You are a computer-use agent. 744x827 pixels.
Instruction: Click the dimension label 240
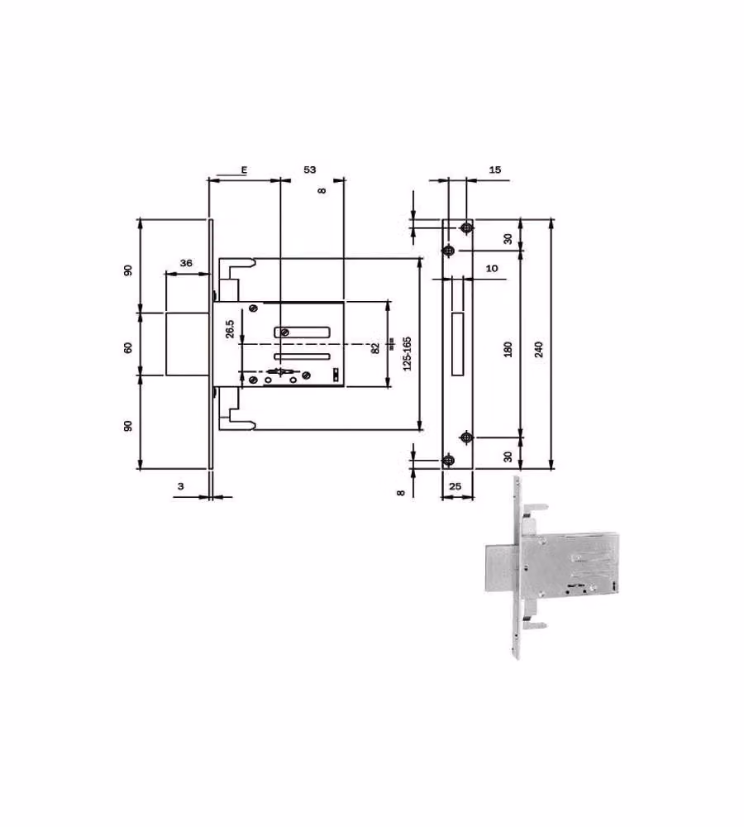538,349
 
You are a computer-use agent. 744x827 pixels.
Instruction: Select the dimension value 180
508,349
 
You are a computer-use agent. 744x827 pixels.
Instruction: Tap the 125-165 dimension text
407,353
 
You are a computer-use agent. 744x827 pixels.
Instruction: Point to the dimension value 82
375,348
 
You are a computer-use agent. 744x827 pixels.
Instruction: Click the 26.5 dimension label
230,328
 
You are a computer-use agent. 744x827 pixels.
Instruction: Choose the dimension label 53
309,170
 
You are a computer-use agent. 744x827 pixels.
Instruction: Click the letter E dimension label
244,170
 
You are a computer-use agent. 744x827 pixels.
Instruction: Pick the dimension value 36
186,263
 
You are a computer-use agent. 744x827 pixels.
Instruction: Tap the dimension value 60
127,347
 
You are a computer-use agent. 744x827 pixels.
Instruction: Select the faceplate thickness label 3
180,485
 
